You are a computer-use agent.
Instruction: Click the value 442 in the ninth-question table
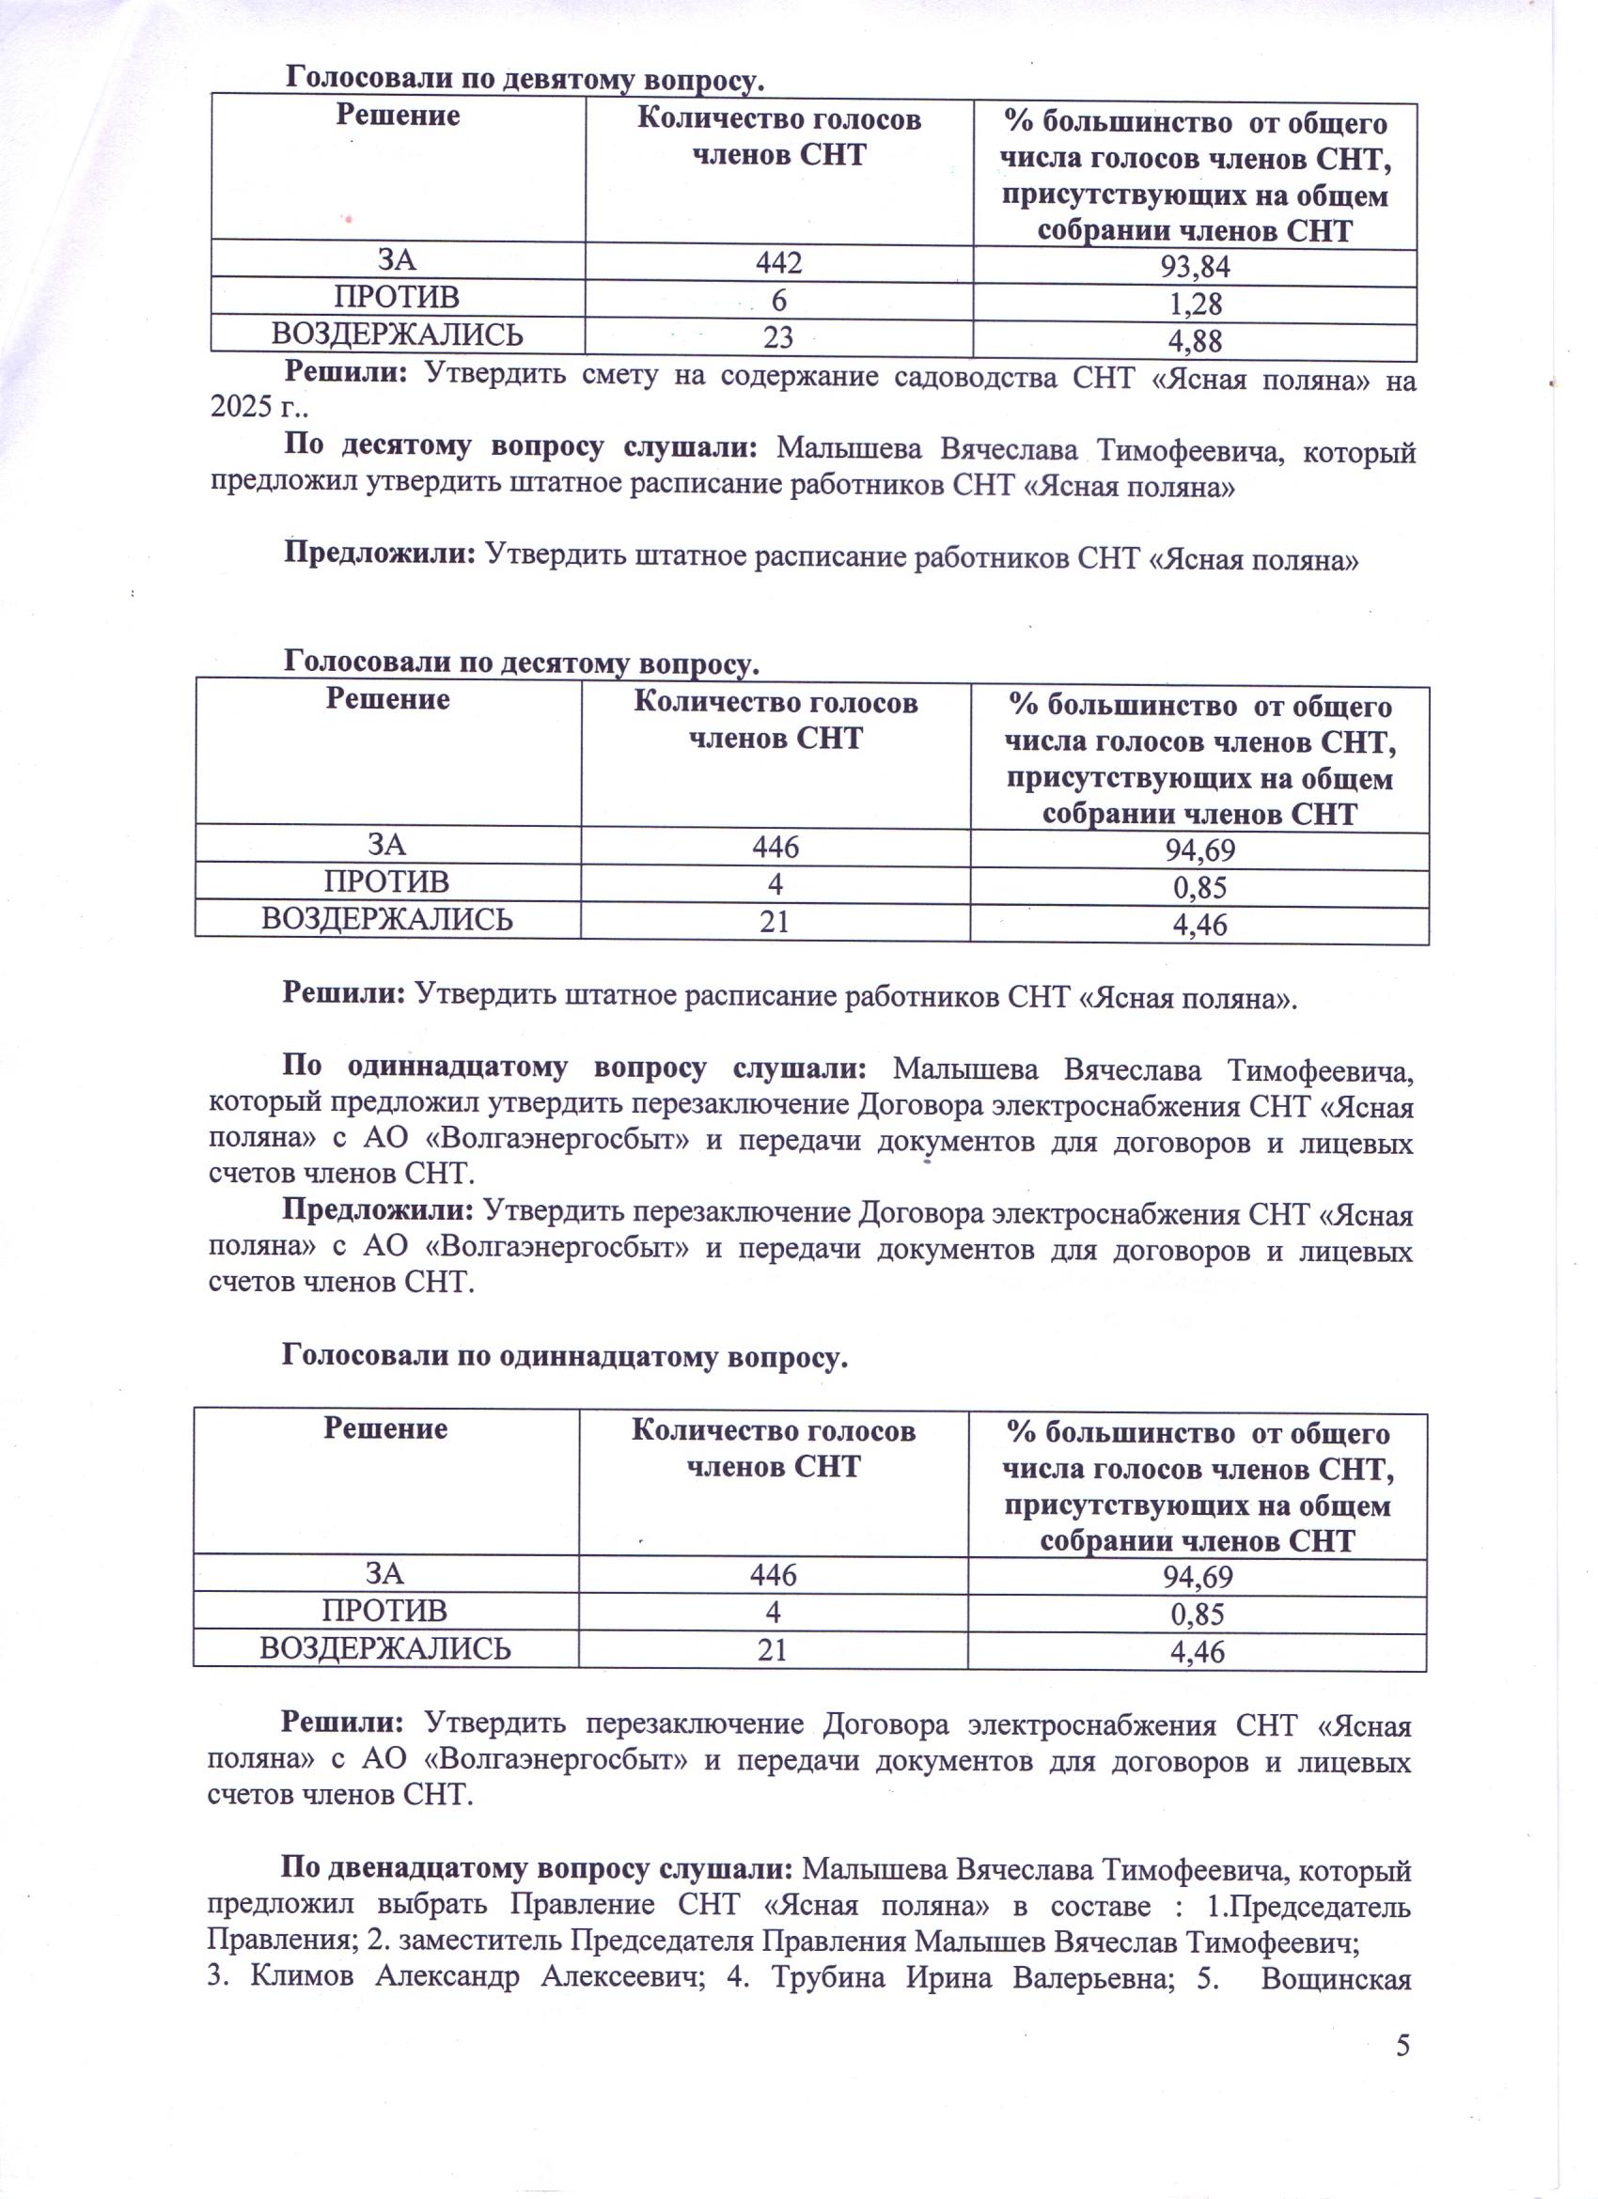(778, 261)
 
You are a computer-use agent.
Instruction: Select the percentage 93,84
(1195, 267)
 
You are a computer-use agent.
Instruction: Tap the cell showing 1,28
(1195, 304)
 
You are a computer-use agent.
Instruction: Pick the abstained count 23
(778, 335)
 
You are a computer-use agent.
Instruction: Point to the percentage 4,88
(1195, 341)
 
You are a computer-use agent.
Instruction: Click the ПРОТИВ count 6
(778, 298)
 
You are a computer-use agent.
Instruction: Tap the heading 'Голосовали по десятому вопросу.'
(521, 663)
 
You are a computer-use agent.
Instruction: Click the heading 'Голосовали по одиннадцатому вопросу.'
(564, 1357)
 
